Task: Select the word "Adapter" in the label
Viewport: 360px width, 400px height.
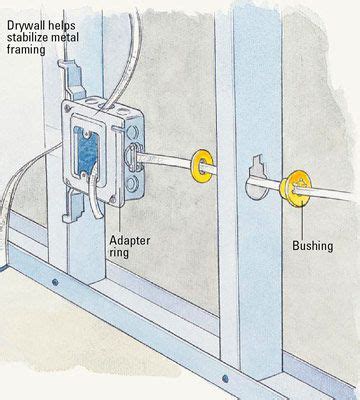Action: coord(130,240)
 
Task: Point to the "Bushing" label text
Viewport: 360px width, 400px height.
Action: coord(313,246)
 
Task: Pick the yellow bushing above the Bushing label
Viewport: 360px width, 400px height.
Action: coord(295,189)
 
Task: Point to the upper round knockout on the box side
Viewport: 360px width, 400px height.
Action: coord(132,133)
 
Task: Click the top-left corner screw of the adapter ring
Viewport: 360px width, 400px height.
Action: coord(68,108)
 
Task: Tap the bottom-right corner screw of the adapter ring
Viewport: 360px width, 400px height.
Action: coord(114,200)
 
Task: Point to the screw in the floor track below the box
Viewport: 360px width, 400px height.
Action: coord(55,283)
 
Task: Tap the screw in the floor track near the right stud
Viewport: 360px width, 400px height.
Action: coord(226,378)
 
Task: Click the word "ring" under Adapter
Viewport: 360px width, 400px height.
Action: coord(119,253)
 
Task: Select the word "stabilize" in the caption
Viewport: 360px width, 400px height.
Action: coord(27,37)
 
